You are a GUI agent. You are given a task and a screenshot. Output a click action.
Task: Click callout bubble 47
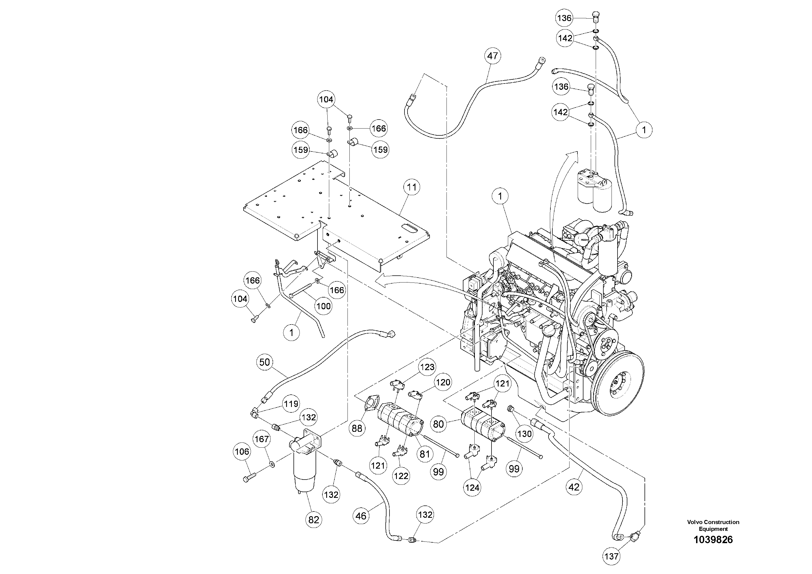tap(492, 56)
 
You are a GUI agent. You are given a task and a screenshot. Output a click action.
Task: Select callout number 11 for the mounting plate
tap(412, 187)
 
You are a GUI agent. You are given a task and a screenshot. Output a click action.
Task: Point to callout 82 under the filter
tap(314, 520)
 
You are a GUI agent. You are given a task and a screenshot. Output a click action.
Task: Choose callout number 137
tap(611, 557)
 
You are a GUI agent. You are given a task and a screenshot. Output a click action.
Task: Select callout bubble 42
tap(574, 487)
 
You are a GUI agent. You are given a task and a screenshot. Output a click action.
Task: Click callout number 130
tap(524, 434)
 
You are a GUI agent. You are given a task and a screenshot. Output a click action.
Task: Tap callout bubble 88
tap(357, 429)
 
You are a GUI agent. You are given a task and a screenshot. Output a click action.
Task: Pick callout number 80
tap(438, 424)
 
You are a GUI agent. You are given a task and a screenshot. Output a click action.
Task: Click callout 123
tap(427, 367)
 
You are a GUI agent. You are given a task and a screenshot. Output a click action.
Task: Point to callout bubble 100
tap(323, 306)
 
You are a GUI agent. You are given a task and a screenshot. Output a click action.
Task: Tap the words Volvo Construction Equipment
tap(713, 525)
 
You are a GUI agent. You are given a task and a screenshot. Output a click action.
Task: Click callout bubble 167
tap(262, 439)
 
